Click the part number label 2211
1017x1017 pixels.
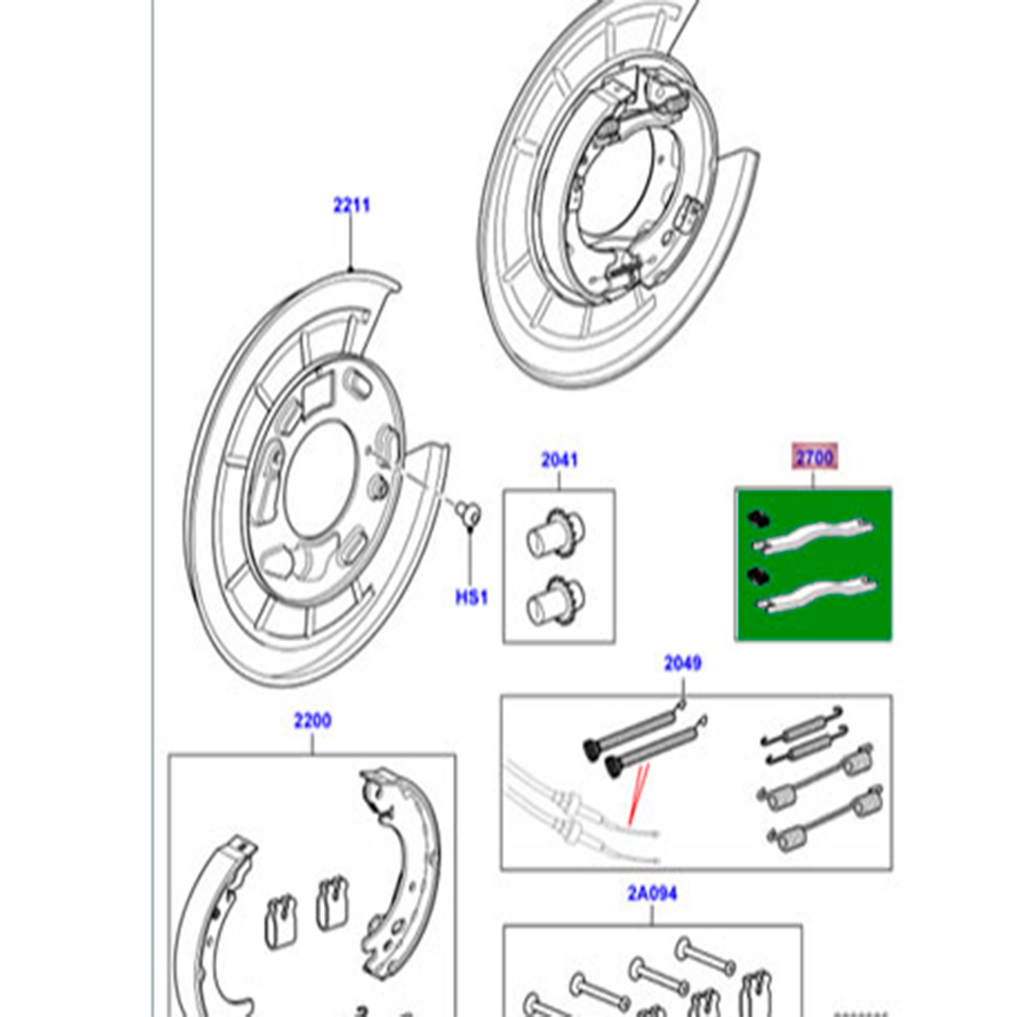point(351,204)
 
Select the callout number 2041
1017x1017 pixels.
point(559,460)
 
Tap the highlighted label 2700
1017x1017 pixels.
point(813,459)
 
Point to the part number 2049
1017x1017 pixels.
point(683,664)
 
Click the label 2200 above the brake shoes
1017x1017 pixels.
point(312,721)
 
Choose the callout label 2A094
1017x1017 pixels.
point(653,893)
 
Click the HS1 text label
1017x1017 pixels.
point(472,597)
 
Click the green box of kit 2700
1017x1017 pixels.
point(814,565)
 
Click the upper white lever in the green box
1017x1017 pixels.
point(814,538)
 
